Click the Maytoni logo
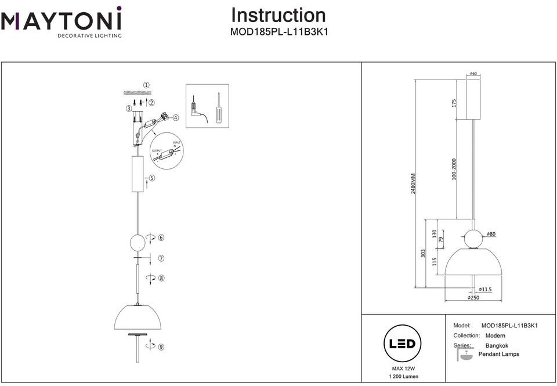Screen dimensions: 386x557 click(61, 22)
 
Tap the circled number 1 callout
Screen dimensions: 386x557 click(146, 85)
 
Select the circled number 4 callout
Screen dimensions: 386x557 click(176, 117)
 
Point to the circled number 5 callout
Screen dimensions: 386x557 click(151, 178)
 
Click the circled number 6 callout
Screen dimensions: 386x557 click(161, 238)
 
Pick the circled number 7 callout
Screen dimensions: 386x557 click(161, 259)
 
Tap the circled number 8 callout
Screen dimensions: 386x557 click(161, 279)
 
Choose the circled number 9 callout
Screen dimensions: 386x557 click(161, 347)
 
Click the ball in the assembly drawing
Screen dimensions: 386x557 click(138, 241)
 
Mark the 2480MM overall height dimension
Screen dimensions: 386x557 click(414, 183)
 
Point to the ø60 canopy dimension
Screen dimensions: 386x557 click(473, 74)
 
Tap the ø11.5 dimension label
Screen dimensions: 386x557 click(486, 289)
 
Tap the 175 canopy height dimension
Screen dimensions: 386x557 click(454, 103)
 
